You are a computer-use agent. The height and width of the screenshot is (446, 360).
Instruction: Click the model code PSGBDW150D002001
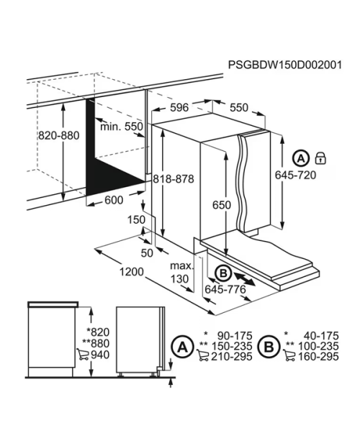tap(285, 65)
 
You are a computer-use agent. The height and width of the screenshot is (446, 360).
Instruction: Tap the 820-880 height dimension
tap(58, 135)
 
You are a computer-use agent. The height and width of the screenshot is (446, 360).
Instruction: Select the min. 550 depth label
tap(121, 127)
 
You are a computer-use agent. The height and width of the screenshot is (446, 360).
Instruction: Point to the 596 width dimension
tap(179, 107)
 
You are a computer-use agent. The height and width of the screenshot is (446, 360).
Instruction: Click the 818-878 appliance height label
tap(174, 179)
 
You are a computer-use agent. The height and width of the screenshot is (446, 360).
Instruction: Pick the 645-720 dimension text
tap(295, 175)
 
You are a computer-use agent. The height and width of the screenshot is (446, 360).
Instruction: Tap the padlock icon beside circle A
tap(320, 158)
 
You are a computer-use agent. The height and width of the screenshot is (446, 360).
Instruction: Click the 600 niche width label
tap(114, 200)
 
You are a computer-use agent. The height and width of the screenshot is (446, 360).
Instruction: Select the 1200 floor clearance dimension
tap(132, 272)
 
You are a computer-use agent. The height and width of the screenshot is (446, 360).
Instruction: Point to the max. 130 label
tap(181, 272)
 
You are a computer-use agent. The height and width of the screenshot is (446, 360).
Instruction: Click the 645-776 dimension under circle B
tap(225, 290)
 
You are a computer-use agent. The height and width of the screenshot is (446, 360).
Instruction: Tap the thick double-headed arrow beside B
tap(245, 278)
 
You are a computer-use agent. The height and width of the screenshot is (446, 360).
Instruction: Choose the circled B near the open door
tap(223, 273)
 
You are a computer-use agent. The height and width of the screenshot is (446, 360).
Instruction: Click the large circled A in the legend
tap(182, 347)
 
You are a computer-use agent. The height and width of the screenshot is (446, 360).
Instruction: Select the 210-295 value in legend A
tap(232, 356)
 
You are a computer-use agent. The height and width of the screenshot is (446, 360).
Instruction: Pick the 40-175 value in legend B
tap(321, 336)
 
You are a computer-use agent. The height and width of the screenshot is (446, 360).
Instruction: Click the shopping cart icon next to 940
tap(82, 355)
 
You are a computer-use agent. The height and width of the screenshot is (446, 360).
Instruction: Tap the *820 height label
tap(98, 332)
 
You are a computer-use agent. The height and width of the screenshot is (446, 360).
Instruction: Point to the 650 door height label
tap(222, 205)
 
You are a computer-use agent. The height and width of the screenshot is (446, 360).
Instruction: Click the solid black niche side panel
tap(105, 159)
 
